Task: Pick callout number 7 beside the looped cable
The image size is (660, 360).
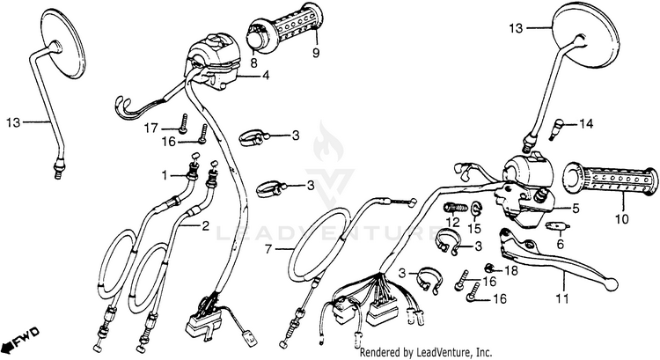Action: (268, 249)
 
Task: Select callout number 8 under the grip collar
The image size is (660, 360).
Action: (253, 63)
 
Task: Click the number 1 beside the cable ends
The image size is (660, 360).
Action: (164, 176)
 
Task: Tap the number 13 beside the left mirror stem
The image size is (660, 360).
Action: (12, 121)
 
